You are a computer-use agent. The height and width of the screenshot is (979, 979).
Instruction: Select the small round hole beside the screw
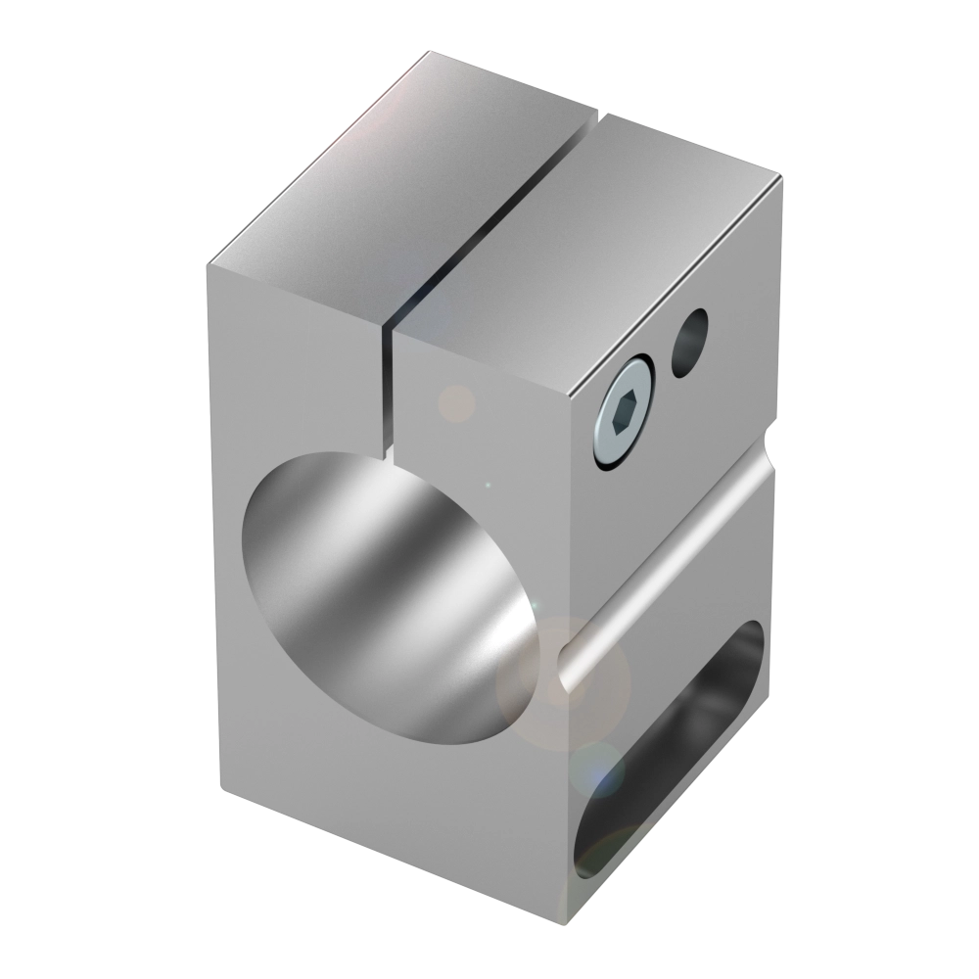[690, 342]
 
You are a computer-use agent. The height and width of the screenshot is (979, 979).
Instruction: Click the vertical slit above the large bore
[384, 392]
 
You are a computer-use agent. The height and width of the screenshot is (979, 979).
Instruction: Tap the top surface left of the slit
[392, 176]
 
